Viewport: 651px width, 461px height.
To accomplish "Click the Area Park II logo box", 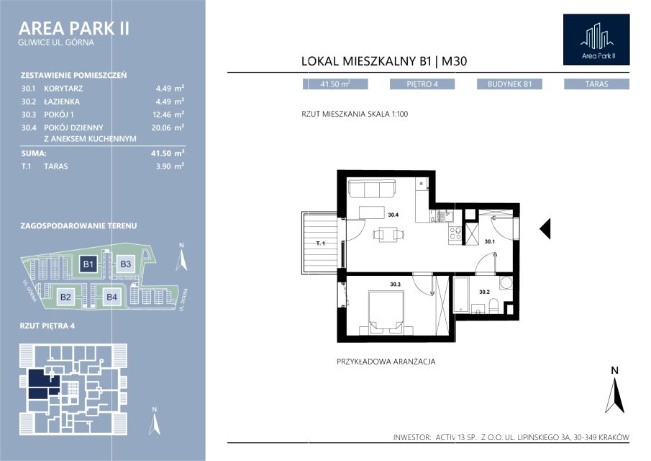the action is [596, 40].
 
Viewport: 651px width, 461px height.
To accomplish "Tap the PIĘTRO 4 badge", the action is [422, 84].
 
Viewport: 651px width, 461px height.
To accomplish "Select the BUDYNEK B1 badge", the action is [509, 84].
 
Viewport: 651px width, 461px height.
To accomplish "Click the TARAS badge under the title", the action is [596, 84].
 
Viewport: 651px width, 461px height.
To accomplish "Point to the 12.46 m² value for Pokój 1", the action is [168, 115].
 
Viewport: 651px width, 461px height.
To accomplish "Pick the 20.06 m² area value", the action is [168, 127].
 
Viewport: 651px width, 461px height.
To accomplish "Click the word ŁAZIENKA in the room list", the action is [62, 102].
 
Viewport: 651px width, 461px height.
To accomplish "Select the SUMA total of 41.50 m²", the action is [168, 153].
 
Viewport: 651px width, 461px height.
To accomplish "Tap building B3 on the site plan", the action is [125, 264].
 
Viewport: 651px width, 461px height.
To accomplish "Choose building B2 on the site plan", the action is [65, 297].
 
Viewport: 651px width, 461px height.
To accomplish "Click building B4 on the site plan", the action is [111, 297].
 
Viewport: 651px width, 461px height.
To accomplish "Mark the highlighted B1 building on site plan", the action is [88, 264].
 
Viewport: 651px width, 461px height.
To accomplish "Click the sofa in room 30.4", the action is [372, 189].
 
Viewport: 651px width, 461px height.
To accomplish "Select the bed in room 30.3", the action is [386, 312].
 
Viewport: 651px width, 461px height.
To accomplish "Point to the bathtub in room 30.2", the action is [461, 295].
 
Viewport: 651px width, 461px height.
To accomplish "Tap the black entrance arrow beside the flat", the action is [545, 228].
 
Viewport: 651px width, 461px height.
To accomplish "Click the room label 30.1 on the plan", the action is [489, 241].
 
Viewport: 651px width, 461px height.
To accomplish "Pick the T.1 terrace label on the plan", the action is [321, 243].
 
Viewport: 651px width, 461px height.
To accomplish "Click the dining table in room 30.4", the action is [388, 234].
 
